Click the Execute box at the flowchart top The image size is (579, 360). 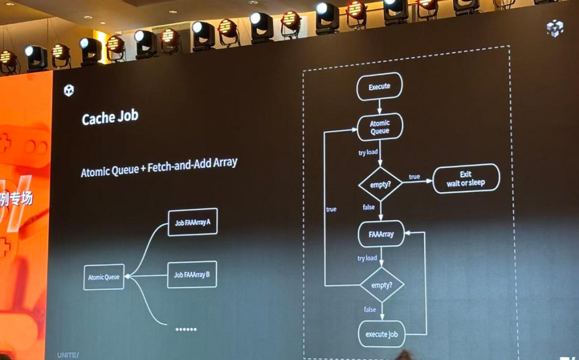(379, 87)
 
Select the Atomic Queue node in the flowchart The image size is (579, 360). (380, 127)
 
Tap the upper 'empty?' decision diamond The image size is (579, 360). (381, 184)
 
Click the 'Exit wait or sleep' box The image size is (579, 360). (466, 178)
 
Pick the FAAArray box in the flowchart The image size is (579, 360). (381, 233)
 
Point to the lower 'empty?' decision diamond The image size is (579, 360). (382, 285)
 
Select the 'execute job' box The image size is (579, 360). (382, 334)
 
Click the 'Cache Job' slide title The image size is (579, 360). (110, 119)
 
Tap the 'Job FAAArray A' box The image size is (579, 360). (192, 222)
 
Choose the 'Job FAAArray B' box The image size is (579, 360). (192, 275)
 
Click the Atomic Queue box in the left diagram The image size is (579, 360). (104, 277)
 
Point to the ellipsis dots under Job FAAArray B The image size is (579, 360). (186, 329)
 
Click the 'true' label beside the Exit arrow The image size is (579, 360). (414, 177)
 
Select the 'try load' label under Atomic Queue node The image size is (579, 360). (368, 153)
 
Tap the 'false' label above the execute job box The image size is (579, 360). (370, 309)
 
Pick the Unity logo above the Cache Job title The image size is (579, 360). (69, 90)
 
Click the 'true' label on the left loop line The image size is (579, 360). (331, 209)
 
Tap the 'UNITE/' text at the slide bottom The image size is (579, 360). (68, 355)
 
